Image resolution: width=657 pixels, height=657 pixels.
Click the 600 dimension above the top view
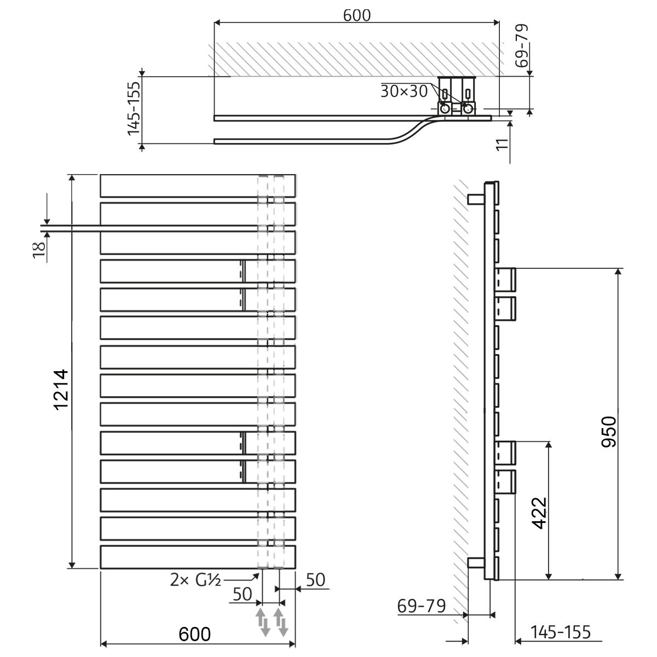(x=356, y=15)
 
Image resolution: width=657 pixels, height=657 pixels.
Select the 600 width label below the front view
(x=195, y=634)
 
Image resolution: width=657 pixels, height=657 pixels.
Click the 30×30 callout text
(x=404, y=91)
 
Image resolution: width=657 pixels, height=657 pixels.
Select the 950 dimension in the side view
(x=610, y=432)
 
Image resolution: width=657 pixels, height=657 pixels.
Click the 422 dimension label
(x=540, y=513)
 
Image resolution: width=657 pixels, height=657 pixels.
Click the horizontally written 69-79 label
(x=422, y=606)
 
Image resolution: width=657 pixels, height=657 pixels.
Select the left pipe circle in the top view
(x=446, y=109)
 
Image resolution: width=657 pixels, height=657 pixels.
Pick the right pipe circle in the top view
(x=469, y=109)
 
